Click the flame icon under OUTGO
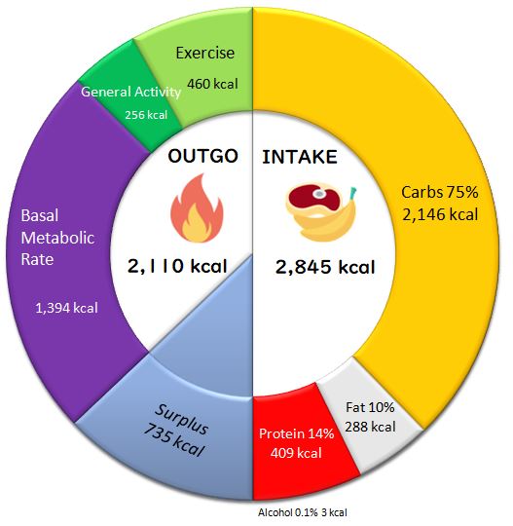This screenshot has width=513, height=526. click(197, 208)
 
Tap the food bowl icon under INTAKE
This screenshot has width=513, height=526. click(320, 212)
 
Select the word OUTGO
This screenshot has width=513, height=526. click(202, 156)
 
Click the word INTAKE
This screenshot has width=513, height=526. click(300, 157)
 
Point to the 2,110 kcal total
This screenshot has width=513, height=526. click(177, 266)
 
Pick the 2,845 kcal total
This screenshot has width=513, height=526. click(325, 267)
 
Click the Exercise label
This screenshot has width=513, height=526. click(204, 53)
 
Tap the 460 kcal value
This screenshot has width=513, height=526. click(212, 84)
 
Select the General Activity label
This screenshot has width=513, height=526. click(130, 92)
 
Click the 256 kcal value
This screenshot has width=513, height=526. click(146, 115)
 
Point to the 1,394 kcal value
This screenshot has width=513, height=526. click(66, 308)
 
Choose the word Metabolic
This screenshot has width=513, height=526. click(57, 238)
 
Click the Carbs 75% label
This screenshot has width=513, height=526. click(440, 192)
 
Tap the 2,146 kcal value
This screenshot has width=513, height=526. click(440, 214)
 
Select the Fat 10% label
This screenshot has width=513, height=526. click(370, 407)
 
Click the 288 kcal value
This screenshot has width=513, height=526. click(370, 427)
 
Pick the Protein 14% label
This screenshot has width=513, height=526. click(296, 433)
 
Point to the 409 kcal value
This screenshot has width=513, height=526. click(296, 453)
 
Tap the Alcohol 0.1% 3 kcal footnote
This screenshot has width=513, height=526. click(303, 512)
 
